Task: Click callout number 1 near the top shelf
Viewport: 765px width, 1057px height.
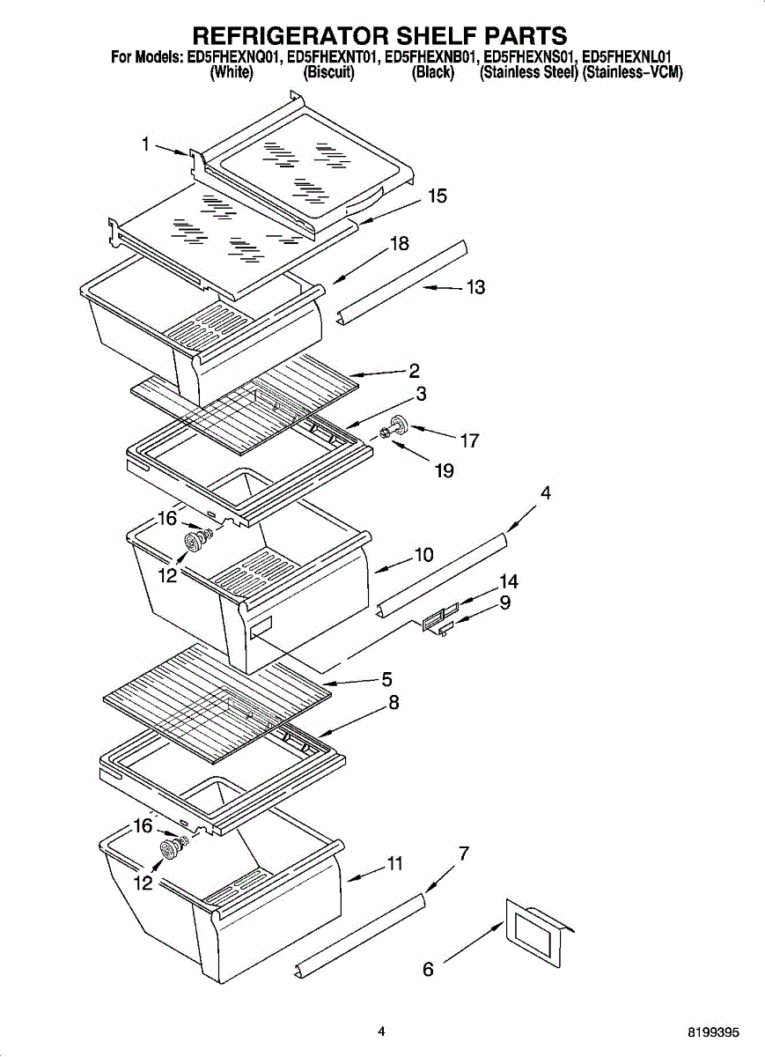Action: (146, 145)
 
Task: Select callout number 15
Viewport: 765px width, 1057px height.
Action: (438, 196)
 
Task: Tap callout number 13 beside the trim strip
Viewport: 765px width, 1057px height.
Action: (475, 287)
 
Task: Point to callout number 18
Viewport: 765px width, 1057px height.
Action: (400, 244)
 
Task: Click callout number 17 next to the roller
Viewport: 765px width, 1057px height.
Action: (470, 440)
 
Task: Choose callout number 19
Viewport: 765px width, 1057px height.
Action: (444, 471)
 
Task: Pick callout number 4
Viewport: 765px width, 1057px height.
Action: (546, 494)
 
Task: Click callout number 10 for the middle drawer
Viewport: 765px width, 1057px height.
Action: (423, 555)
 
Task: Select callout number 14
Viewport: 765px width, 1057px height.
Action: (508, 581)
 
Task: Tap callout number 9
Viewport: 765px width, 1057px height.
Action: (505, 603)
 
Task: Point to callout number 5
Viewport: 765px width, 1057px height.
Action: (386, 679)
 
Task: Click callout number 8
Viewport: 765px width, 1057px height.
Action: (394, 703)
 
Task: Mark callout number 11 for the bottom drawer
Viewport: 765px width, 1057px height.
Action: (395, 864)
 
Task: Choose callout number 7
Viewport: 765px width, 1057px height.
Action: (464, 853)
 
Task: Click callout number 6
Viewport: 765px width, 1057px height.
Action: (429, 969)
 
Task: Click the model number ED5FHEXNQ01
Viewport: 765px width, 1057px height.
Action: (234, 58)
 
